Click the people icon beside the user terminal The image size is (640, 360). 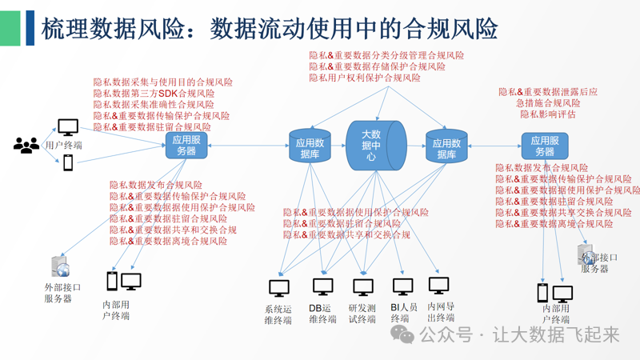coord(26,145)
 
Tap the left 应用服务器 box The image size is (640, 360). coord(186,146)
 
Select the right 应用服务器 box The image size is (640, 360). coord(545,146)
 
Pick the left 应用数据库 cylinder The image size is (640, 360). coord(310,146)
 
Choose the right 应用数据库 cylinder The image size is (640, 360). coord(446,146)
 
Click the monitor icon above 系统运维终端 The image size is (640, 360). coord(278,286)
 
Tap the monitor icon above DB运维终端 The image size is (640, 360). coord(322,286)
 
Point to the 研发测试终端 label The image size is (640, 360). coord(362,314)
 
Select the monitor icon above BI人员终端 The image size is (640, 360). coord(402,285)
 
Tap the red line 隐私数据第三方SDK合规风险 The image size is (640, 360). coord(154,94)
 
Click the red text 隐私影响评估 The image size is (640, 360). coord(548,114)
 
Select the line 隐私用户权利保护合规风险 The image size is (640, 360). coord(365,78)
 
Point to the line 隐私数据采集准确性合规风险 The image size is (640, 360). coord(154,105)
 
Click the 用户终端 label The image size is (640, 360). coord(64,146)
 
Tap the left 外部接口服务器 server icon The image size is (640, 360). coord(60,267)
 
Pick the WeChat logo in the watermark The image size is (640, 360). coord(407,335)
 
